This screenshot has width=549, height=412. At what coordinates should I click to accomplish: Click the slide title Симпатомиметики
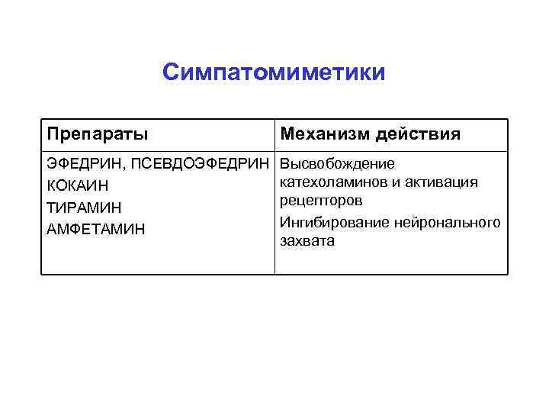(274, 72)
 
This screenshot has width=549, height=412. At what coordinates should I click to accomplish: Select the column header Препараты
(98, 134)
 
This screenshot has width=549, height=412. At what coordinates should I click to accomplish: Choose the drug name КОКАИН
(77, 185)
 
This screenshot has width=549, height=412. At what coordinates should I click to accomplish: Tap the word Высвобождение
(337, 164)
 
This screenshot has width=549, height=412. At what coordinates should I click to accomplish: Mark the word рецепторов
(321, 200)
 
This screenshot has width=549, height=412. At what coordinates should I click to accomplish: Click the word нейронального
(448, 222)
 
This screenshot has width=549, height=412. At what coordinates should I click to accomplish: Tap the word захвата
(307, 240)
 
